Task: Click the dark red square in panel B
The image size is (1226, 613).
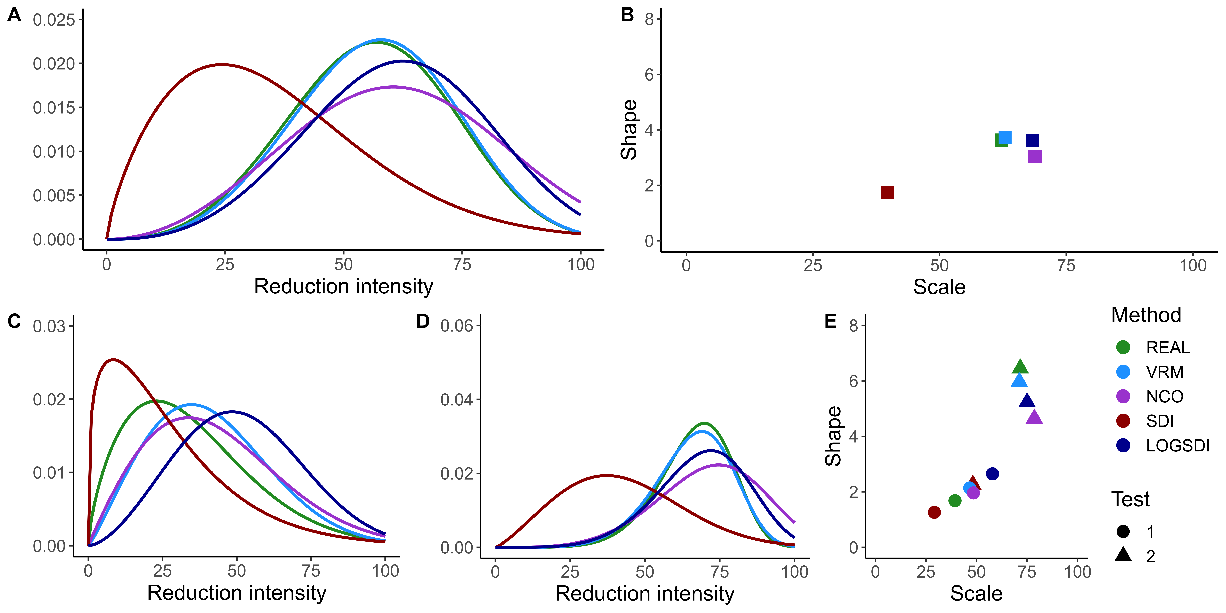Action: point(888,192)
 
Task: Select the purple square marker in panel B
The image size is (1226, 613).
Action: point(1035,156)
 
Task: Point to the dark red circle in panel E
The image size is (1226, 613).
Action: point(934,512)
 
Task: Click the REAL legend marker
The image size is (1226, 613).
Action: point(1123,347)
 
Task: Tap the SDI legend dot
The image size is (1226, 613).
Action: point(1123,421)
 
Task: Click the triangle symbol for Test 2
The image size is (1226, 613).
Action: point(1123,555)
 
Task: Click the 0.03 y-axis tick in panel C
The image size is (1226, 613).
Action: point(49,326)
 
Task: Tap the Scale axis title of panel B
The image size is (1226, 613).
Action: point(939,287)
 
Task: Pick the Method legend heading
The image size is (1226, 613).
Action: point(1146,315)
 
